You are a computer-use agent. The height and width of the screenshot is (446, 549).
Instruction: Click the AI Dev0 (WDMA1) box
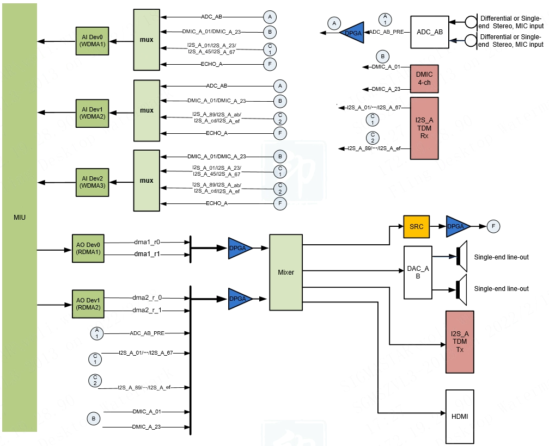[92, 40]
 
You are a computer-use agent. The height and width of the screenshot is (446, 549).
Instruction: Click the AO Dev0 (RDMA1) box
[88, 249]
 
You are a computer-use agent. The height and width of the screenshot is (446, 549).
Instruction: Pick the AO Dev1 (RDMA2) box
[88, 303]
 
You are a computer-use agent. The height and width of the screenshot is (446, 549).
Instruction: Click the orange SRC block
[417, 226]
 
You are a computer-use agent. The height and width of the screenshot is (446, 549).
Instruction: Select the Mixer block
[286, 272]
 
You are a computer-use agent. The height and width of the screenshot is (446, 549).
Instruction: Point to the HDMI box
[460, 417]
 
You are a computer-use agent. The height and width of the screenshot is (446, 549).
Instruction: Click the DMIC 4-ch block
[424, 79]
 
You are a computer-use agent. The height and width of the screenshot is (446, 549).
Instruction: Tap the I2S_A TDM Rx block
[424, 128]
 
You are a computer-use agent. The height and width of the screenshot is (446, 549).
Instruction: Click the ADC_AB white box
[430, 32]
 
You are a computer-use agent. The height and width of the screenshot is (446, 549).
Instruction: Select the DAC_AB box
[418, 272]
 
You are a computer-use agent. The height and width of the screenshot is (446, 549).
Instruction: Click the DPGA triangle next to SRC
[457, 226]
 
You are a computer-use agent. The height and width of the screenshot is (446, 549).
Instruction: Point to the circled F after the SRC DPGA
[493, 226]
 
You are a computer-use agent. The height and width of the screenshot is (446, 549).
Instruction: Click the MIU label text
[19, 218]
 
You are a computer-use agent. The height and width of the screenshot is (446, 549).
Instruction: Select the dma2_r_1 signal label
[148, 310]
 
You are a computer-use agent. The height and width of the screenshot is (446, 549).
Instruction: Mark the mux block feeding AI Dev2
[147, 181]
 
